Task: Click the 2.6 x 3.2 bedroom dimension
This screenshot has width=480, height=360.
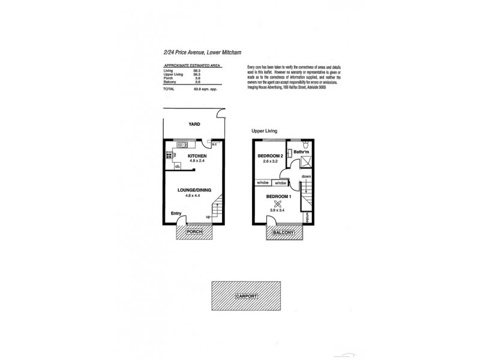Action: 267,162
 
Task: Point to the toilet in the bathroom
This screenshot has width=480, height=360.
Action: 305,145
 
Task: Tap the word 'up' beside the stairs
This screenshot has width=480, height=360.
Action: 208,217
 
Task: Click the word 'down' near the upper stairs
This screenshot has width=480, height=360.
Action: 306,176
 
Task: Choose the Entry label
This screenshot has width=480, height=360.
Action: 176,214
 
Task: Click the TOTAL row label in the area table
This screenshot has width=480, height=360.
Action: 169,89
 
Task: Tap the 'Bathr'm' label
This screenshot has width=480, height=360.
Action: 301,152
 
